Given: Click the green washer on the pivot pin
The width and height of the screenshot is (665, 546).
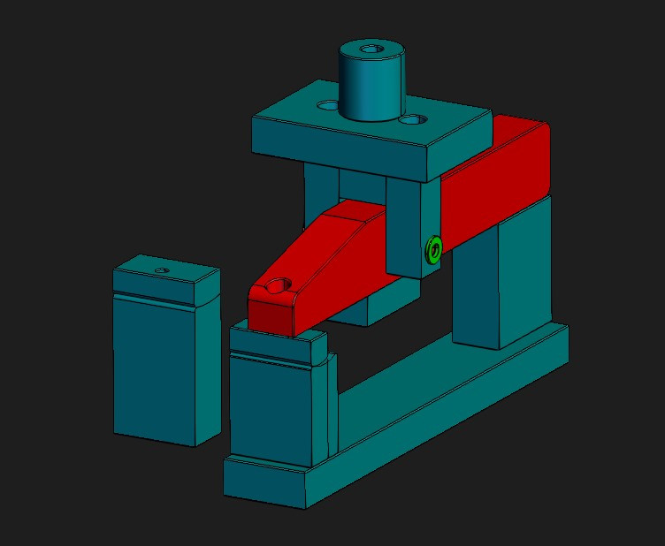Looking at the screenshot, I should click(x=433, y=249).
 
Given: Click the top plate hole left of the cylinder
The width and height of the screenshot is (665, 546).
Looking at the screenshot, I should click(x=328, y=105).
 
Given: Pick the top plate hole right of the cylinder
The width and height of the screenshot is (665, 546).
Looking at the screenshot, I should click(x=411, y=118).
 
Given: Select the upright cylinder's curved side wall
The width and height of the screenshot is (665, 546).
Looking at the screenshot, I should click(x=371, y=88).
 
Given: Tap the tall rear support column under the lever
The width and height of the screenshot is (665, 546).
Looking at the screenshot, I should click(x=500, y=274).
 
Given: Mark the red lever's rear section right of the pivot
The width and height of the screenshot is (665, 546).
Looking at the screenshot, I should click(x=495, y=186).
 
